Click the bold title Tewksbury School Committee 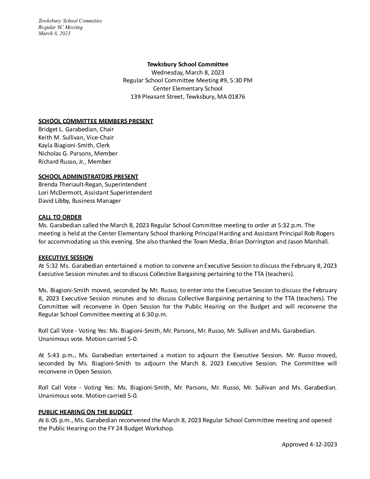point(187,64)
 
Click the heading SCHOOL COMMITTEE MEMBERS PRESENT point(96,121)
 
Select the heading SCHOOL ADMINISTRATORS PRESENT point(88,177)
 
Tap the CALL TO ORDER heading point(60,217)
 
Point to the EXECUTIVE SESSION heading point(66,258)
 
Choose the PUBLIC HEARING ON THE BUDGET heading point(85,412)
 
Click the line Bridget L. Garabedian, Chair point(76,129)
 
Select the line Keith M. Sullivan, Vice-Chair point(76,137)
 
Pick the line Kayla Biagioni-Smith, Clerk point(74,145)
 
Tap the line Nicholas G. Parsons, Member point(78,153)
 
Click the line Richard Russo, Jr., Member point(74,162)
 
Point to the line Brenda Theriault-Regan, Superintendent point(92,184)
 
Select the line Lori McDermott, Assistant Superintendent point(95,193)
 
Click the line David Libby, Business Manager point(80,201)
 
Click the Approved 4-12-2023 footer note point(309,444)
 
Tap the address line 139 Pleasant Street point(187,97)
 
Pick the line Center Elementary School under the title point(187,88)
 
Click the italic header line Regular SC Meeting point(61,27)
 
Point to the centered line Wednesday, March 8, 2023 point(187,72)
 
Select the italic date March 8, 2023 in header point(54,33)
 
